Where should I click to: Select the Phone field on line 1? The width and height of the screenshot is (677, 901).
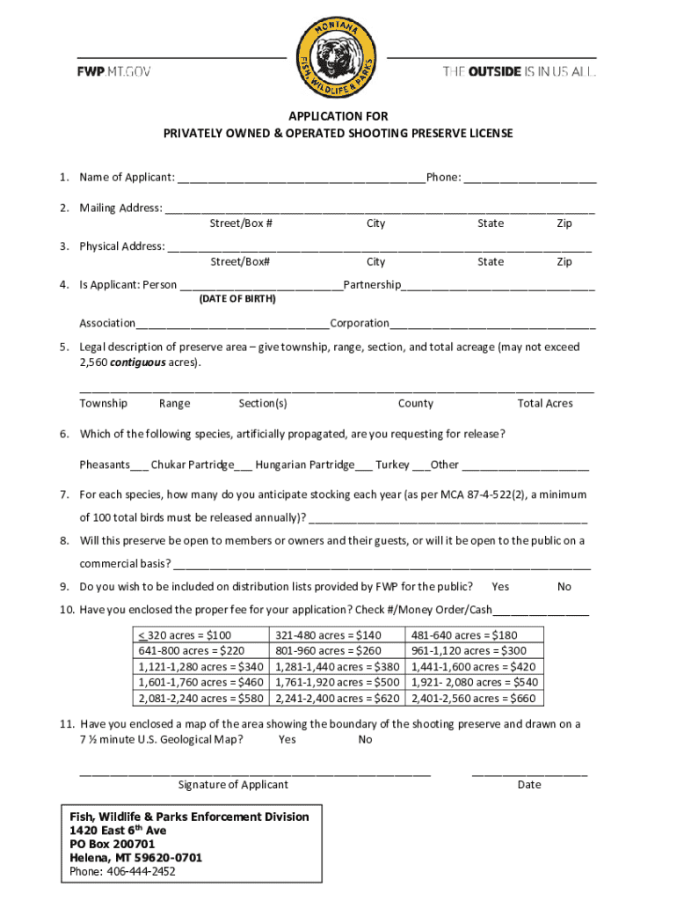point(530,179)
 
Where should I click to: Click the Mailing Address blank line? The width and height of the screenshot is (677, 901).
point(379,209)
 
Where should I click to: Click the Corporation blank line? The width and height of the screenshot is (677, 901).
point(492,325)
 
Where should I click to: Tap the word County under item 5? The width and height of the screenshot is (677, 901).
point(415,404)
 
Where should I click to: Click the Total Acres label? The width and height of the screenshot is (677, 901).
point(545,404)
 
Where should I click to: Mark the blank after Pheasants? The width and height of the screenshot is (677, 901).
point(139,465)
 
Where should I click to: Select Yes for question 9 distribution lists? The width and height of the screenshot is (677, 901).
point(500,587)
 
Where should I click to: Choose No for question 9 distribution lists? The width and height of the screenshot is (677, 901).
point(564,587)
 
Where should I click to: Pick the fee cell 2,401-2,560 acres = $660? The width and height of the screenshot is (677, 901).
point(473,699)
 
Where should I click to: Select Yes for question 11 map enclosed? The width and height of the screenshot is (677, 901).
point(287,740)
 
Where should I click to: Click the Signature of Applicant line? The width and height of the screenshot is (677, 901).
point(255,772)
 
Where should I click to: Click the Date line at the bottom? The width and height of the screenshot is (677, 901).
point(529,772)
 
